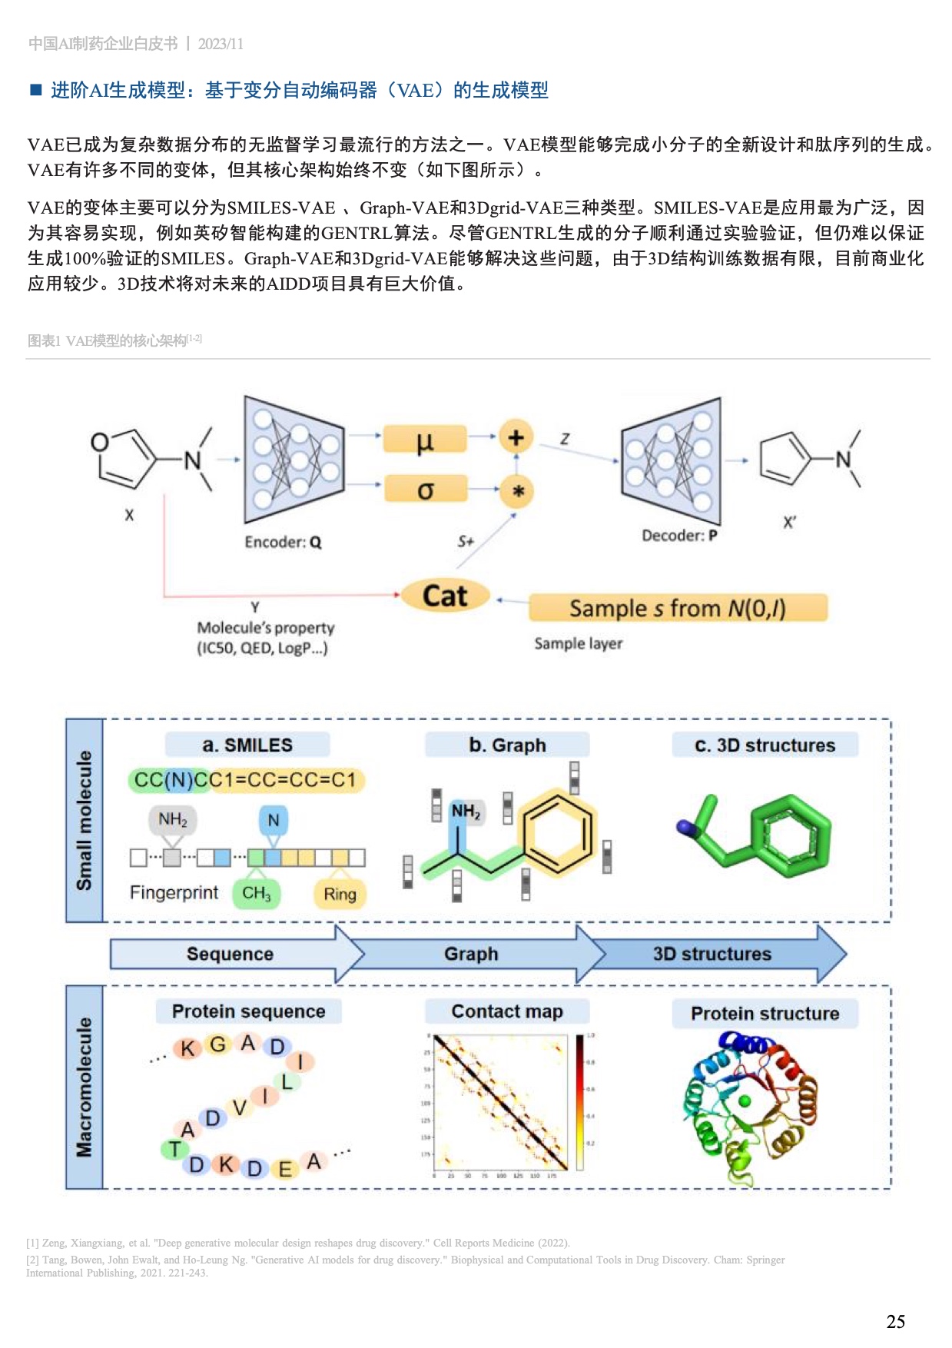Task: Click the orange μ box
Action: click(x=425, y=440)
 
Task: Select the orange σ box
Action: click(x=426, y=490)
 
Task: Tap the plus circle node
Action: click(x=516, y=437)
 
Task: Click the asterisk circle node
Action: click(x=518, y=491)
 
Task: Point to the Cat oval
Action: click(x=445, y=596)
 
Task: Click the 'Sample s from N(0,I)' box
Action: click(x=678, y=609)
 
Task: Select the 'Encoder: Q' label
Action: click(x=283, y=543)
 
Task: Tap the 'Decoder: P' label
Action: click(x=679, y=536)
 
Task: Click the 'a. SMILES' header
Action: click(x=247, y=745)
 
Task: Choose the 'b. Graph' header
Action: click(x=507, y=745)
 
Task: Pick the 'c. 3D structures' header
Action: click(x=765, y=745)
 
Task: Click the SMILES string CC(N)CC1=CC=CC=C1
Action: click(x=245, y=780)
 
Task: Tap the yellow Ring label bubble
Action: click(x=340, y=894)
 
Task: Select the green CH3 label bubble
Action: click(x=257, y=893)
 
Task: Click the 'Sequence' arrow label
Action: click(x=230, y=954)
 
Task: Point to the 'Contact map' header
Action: click(x=507, y=1011)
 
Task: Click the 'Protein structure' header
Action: click(x=765, y=1014)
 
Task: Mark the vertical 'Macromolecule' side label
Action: click(x=85, y=1087)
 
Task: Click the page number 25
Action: click(x=895, y=1322)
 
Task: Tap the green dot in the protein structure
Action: click(x=744, y=1101)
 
